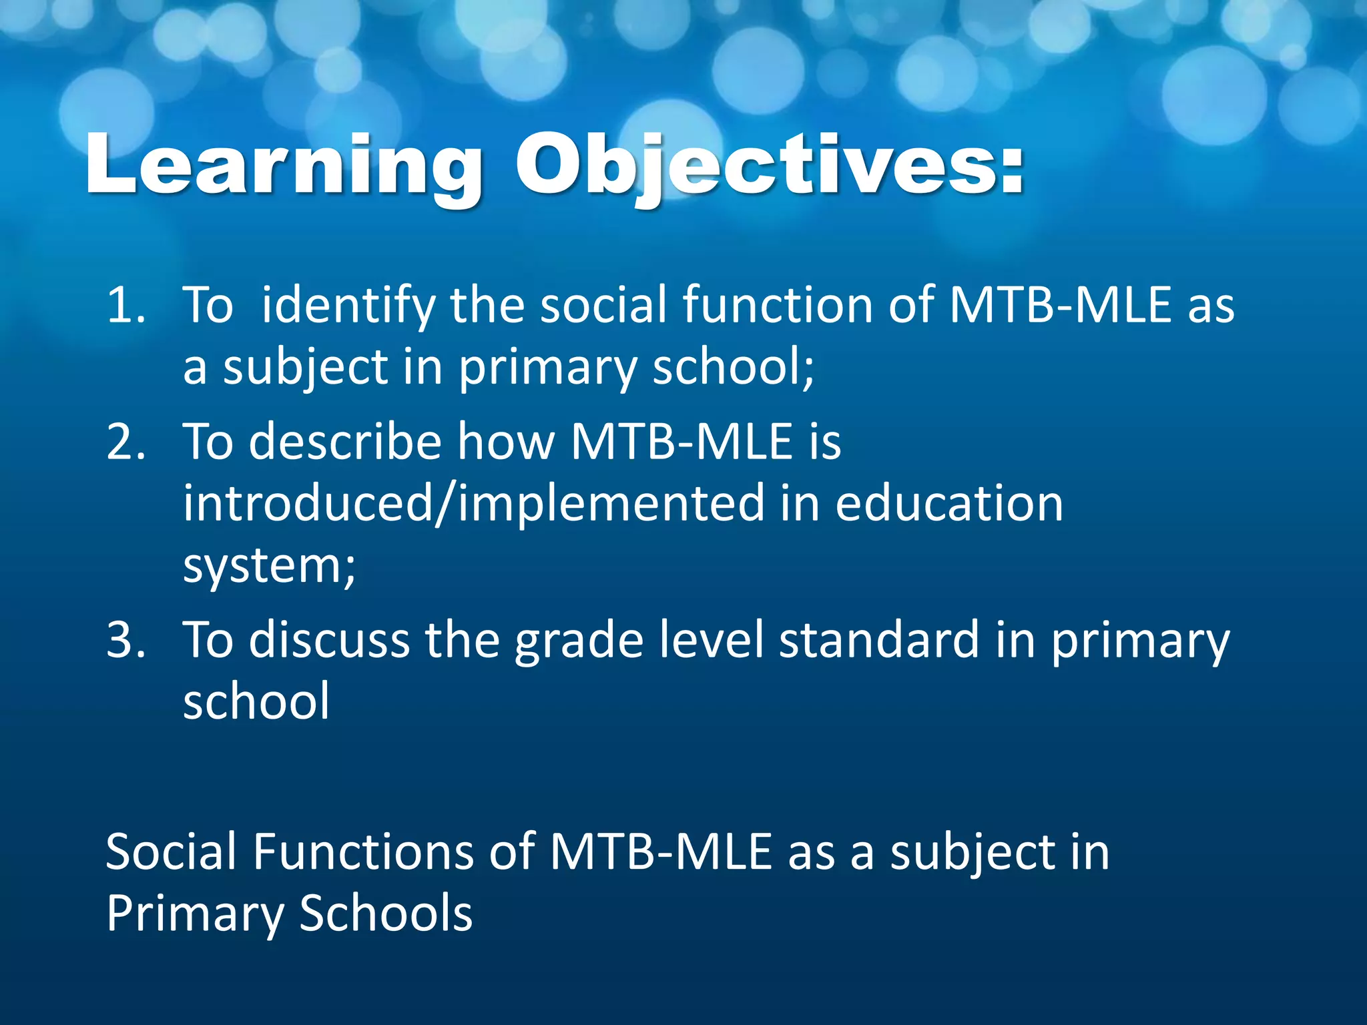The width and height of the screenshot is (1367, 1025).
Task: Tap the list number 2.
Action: (125, 442)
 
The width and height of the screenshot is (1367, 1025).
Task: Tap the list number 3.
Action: (125, 640)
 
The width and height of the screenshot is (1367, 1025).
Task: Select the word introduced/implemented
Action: (473, 504)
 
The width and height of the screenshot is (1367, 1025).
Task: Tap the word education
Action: (948, 504)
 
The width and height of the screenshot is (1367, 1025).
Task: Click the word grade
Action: (578, 640)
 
